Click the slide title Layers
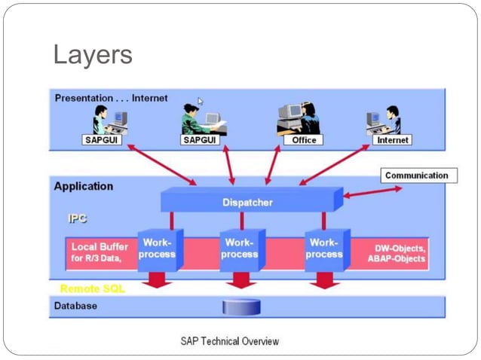(x=93, y=54)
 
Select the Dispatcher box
(x=247, y=202)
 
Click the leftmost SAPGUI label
(x=103, y=140)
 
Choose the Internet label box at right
(x=392, y=140)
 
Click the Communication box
(x=416, y=175)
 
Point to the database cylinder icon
(x=241, y=307)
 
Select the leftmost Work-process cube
(x=157, y=249)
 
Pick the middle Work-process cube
(x=240, y=249)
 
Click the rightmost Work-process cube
(x=324, y=249)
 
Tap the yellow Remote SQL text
(x=92, y=288)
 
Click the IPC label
(x=78, y=219)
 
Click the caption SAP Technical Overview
(x=229, y=341)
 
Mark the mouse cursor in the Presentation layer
(x=201, y=101)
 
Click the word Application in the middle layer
(x=84, y=186)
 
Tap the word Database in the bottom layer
(x=75, y=307)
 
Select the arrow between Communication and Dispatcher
(x=372, y=192)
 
